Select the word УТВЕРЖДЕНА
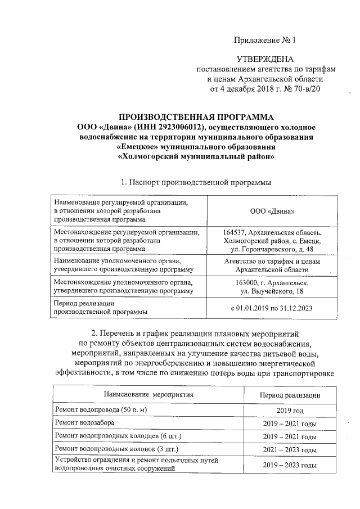[264, 59]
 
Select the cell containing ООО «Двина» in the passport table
[273, 210]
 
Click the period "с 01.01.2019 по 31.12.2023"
[272, 308]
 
